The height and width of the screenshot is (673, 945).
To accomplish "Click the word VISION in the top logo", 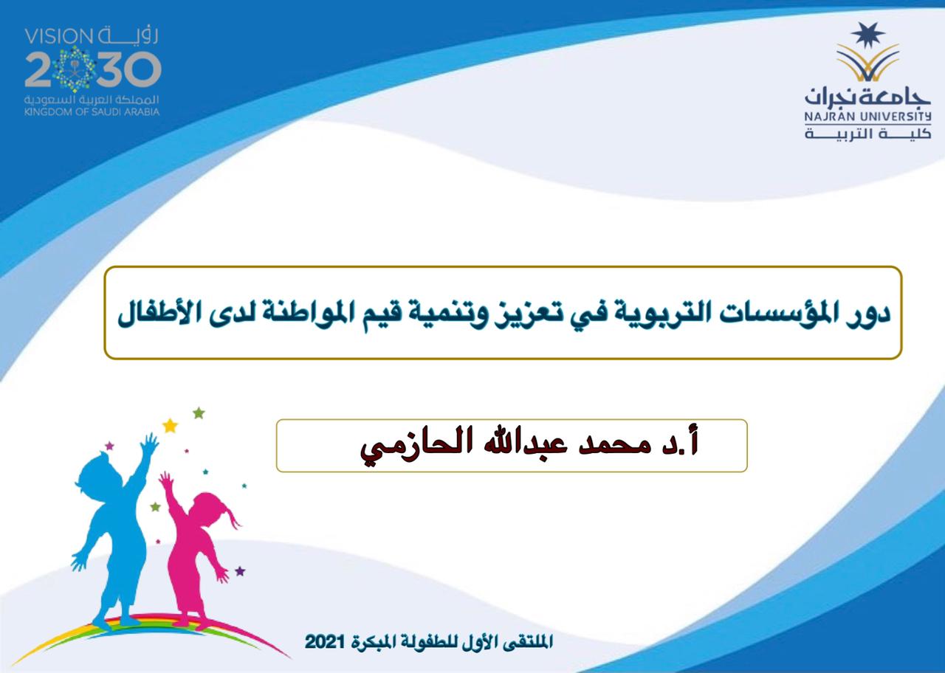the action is pos(58,37).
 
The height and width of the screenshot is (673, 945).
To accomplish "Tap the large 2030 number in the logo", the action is pos(93,69).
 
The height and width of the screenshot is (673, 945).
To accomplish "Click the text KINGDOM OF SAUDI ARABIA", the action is pos(92,112).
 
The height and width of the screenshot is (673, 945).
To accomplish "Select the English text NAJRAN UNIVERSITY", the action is pos(867,116).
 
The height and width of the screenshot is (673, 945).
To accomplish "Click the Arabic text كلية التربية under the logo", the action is pos(867,134).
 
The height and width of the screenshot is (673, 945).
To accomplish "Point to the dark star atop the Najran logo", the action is pos(867,35).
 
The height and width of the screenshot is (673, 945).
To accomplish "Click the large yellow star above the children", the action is pos(170,426).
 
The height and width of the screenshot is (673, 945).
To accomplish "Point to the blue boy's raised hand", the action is pos(149,444).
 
